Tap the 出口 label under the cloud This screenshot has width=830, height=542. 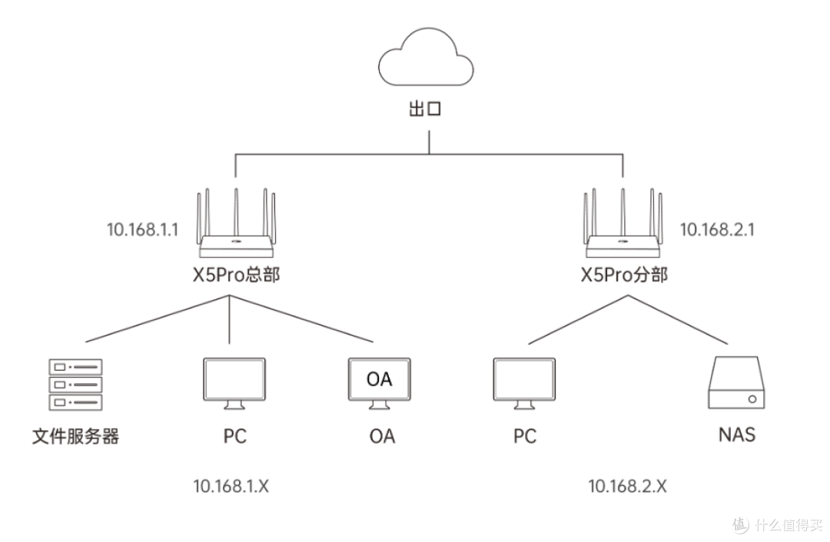[x=424, y=109]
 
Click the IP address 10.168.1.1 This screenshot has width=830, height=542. [x=143, y=229]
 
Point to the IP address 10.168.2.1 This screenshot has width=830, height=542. [x=717, y=229]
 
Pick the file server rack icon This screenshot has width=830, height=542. [x=75, y=385]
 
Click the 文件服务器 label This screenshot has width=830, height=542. [x=75, y=437]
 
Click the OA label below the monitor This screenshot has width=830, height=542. [x=381, y=437]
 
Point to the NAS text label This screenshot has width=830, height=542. [x=737, y=435]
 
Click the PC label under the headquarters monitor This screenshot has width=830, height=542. [x=235, y=437]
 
